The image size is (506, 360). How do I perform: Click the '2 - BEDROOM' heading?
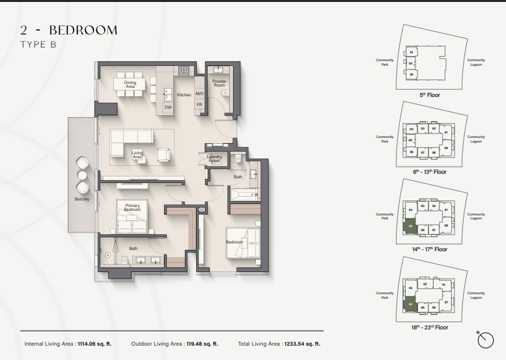[68, 30]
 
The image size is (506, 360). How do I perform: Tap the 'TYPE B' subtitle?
[43, 44]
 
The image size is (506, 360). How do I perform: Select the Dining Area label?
[130, 85]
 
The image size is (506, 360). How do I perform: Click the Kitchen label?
[184, 95]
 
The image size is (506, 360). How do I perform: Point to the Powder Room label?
[219, 83]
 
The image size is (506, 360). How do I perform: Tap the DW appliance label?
[167, 107]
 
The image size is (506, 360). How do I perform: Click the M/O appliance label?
[199, 94]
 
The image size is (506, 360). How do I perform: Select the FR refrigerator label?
[199, 105]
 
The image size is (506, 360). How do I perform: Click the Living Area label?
[137, 155]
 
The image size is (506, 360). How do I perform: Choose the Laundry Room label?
[214, 158]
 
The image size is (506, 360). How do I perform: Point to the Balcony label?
[82, 199]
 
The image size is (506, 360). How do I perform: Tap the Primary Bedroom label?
[132, 208]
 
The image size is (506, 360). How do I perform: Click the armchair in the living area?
[163, 155]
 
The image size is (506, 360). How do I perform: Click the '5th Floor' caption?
[429, 94]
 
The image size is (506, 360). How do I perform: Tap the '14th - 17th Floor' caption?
[429, 249]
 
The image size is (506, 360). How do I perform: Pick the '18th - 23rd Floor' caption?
[429, 327]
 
